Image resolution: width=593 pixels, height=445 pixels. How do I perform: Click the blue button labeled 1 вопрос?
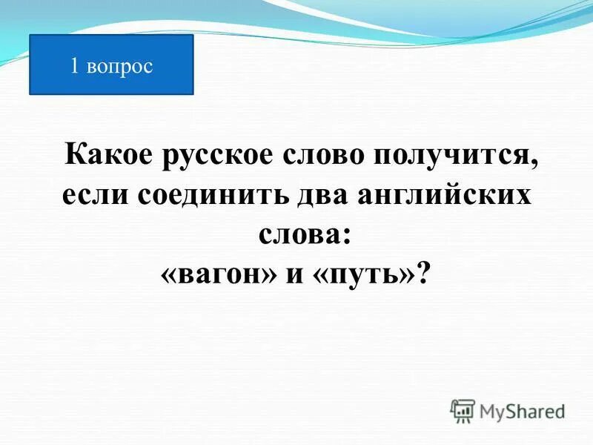(x=111, y=65)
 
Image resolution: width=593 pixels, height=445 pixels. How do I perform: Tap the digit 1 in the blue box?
(x=74, y=66)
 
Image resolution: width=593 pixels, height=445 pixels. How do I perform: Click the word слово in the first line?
(x=325, y=156)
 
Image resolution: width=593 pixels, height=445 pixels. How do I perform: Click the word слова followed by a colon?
(x=296, y=236)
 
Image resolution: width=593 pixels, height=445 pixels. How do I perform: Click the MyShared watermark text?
(x=522, y=410)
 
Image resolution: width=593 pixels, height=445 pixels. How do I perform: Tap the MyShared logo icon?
(x=463, y=409)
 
